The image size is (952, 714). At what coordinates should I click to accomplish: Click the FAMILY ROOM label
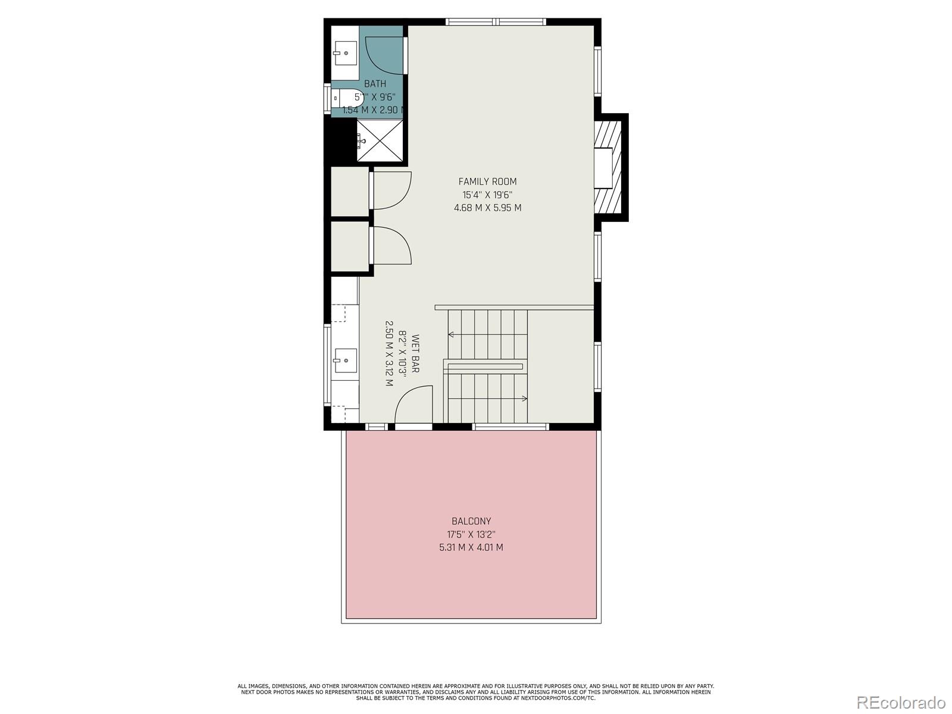tap(487, 181)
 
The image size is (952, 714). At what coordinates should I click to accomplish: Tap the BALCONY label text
tap(471, 521)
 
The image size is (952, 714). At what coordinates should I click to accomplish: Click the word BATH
tap(375, 84)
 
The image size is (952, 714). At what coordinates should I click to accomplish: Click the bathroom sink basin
tap(345, 53)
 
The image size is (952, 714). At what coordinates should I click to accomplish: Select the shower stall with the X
tap(379, 140)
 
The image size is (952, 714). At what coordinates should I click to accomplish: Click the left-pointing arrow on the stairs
tap(452, 335)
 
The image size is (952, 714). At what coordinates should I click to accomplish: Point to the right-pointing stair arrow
tap(524, 398)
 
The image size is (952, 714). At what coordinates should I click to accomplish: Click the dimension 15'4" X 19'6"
tap(487, 195)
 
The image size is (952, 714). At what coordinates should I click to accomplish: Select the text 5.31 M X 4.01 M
tap(471, 547)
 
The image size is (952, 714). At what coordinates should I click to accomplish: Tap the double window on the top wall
tap(496, 22)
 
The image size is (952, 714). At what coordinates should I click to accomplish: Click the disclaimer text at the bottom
tap(475, 692)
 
